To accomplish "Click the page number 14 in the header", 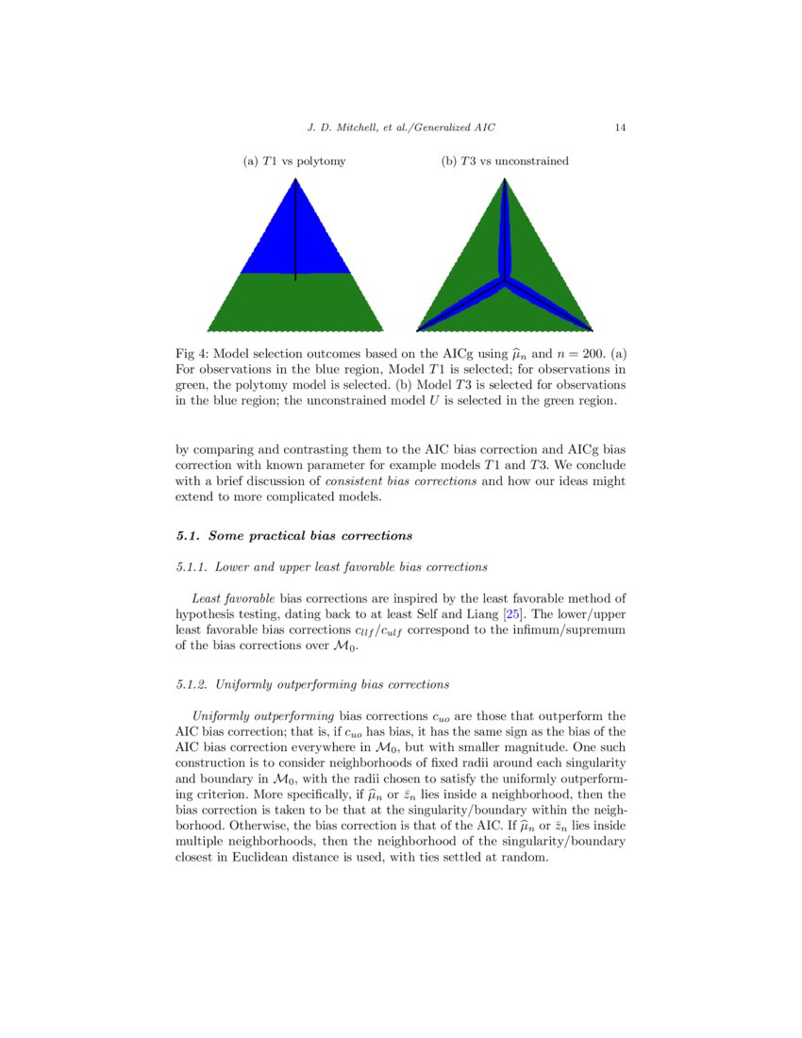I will click(x=620, y=127).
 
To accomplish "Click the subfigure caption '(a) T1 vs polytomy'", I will click(x=294, y=161).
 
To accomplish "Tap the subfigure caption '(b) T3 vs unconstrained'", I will click(x=505, y=161).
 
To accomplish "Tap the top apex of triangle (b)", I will click(x=505, y=180).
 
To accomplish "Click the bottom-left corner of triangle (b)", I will click(x=420, y=329).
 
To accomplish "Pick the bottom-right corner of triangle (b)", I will click(x=590, y=329).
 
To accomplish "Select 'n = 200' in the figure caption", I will click(x=576, y=355).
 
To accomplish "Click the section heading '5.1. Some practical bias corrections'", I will click(x=294, y=536).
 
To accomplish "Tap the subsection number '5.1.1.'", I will click(x=193, y=567).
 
